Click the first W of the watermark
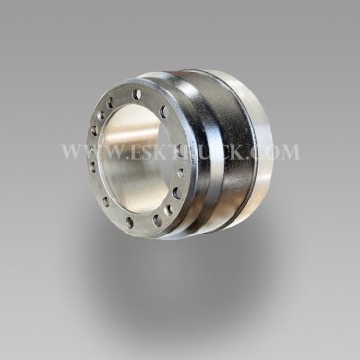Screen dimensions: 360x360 coord(73,152)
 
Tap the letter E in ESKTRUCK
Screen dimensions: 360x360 coord(137,152)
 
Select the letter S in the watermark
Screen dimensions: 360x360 coord(152,152)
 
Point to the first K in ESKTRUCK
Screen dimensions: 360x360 coord(165,152)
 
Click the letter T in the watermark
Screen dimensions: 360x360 coord(180,152)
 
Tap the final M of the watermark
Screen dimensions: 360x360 coord(289,152)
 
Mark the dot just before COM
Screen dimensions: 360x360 coord(246,158)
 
